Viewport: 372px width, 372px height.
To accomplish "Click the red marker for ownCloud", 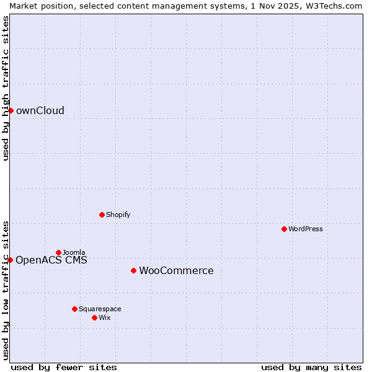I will click(x=11, y=110).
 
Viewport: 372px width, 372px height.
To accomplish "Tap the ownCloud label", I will click(x=40, y=111).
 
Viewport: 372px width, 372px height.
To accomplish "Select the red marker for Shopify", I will click(x=102, y=215).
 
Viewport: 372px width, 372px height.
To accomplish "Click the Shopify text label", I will click(x=118, y=215).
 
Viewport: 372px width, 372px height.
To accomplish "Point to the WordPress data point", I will click(x=284, y=229).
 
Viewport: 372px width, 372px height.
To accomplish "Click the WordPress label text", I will click(x=305, y=229).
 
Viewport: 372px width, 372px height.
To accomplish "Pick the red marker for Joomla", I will click(x=58, y=252).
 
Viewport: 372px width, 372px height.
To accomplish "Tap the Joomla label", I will click(x=74, y=252).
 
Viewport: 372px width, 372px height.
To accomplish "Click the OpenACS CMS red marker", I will click(x=10, y=260).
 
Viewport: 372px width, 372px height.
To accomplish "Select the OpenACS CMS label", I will click(x=51, y=260).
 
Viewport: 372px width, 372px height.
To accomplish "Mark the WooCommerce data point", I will click(x=133, y=270).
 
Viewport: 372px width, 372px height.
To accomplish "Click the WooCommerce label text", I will click(x=176, y=270).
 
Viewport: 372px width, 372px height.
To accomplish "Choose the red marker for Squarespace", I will click(x=74, y=309).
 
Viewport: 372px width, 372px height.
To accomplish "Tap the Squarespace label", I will click(x=100, y=309).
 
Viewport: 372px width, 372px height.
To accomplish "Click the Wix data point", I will click(x=94, y=317).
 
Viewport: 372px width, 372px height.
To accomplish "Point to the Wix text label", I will click(x=105, y=317).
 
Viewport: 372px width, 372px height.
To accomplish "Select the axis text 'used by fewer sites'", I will click(x=64, y=367).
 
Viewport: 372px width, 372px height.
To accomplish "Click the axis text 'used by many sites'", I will click(x=311, y=367).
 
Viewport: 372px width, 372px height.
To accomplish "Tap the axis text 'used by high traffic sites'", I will click(x=6, y=88).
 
